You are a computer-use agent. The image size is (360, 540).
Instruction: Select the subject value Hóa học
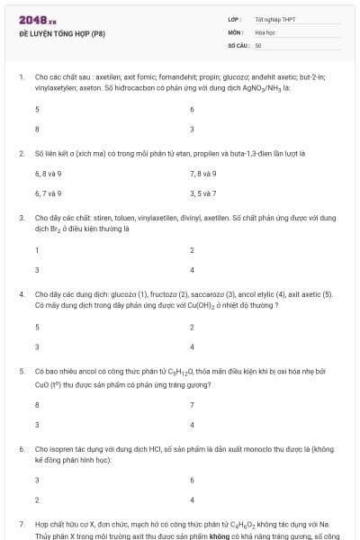(265, 31)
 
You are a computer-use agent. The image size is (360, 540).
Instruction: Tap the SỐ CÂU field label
(238, 44)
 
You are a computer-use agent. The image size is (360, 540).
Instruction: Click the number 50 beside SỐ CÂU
(258, 44)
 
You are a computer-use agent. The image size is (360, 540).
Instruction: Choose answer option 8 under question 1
(37, 130)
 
